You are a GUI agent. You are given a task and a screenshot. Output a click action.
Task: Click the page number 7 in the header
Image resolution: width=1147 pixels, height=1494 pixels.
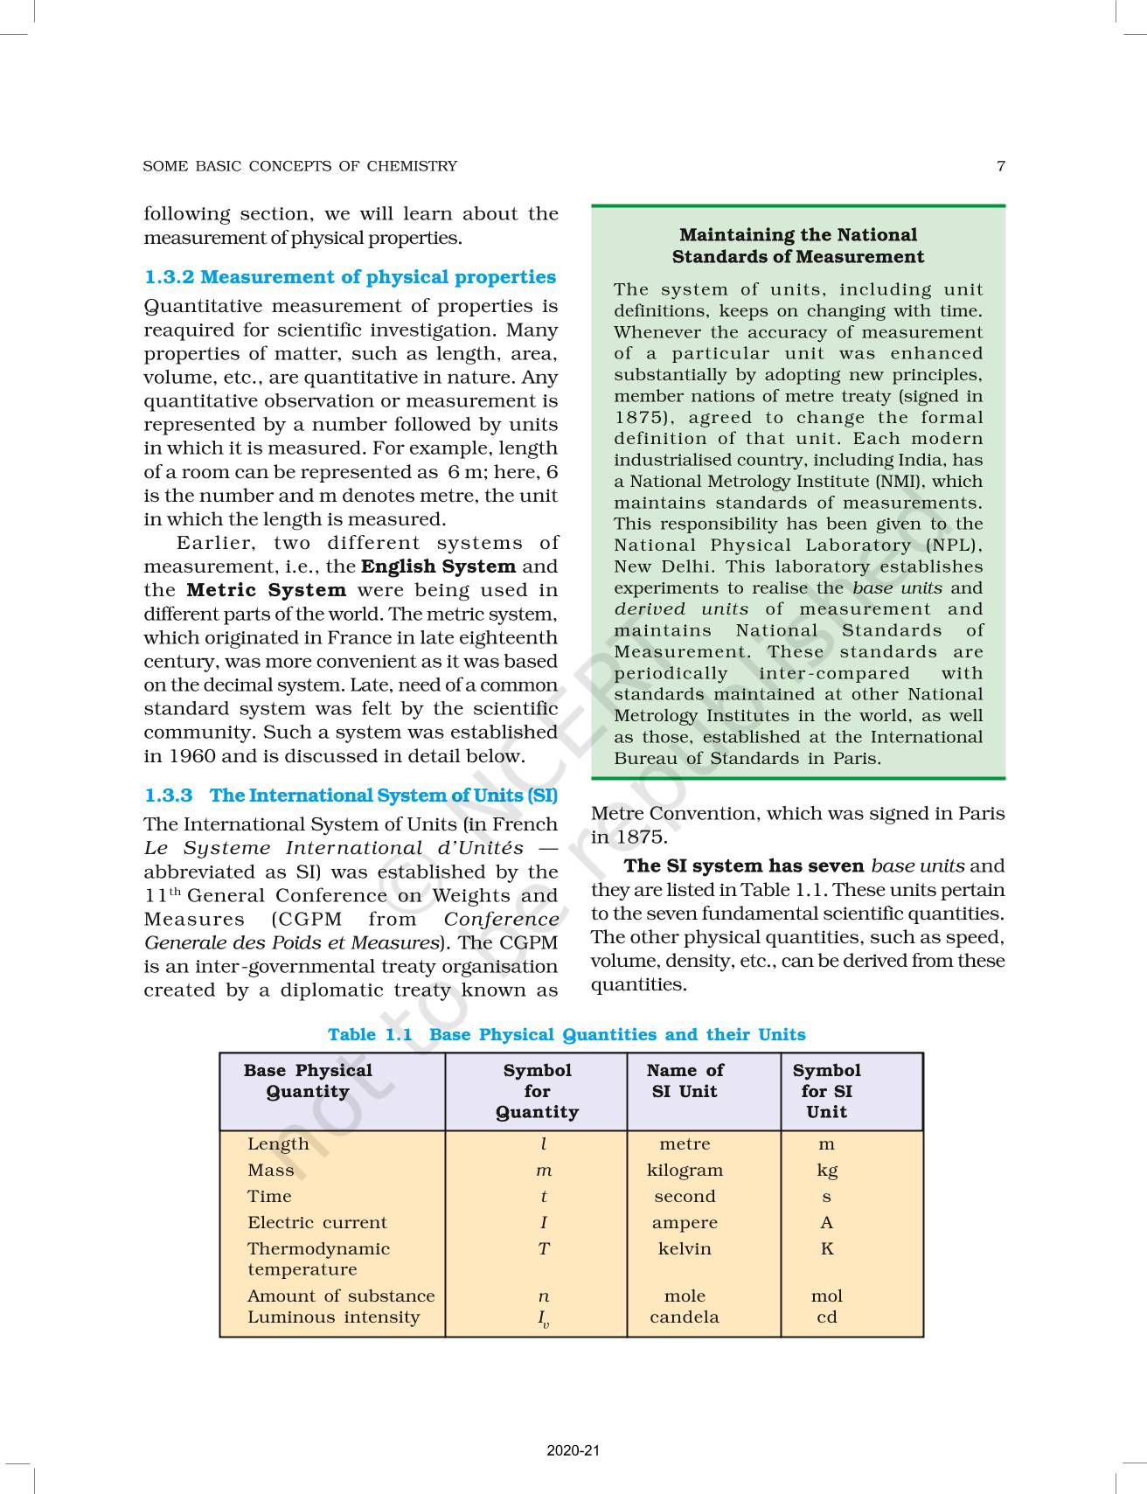(x=1000, y=166)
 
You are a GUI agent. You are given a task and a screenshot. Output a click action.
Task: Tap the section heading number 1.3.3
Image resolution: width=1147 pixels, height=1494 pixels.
(x=168, y=796)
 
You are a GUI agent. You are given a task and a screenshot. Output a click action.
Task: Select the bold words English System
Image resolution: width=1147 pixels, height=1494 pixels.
(x=438, y=566)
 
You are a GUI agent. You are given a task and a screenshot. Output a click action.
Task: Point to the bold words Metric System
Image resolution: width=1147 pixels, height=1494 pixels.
(x=267, y=590)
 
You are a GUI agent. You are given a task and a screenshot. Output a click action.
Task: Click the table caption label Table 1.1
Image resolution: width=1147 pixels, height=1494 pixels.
(x=369, y=1035)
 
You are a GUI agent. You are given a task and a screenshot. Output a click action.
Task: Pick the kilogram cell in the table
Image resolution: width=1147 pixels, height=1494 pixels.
(x=685, y=1171)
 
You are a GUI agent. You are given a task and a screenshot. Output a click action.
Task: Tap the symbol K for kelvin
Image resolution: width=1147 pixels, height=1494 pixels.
(x=826, y=1249)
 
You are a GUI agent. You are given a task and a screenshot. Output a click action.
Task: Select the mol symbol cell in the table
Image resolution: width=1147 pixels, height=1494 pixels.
(x=826, y=1296)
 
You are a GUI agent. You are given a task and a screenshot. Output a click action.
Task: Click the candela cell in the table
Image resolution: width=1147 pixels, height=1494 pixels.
(x=685, y=1317)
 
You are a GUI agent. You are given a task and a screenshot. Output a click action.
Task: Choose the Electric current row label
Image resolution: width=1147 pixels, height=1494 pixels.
(x=316, y=1223)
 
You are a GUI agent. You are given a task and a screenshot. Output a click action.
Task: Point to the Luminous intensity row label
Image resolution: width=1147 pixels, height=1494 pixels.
(x=333, y=1317)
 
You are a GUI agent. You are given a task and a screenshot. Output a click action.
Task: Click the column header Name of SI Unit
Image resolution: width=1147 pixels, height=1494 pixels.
(x=685, y=1081)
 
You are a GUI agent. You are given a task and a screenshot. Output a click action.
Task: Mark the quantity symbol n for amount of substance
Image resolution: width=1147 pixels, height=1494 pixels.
(x=544, y=1296)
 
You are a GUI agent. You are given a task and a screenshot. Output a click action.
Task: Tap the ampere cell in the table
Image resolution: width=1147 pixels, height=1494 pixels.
(x=685, y=1223)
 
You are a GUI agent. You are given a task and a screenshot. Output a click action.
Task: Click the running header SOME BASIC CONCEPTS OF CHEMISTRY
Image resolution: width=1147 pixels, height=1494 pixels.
(x=300, y=166)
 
